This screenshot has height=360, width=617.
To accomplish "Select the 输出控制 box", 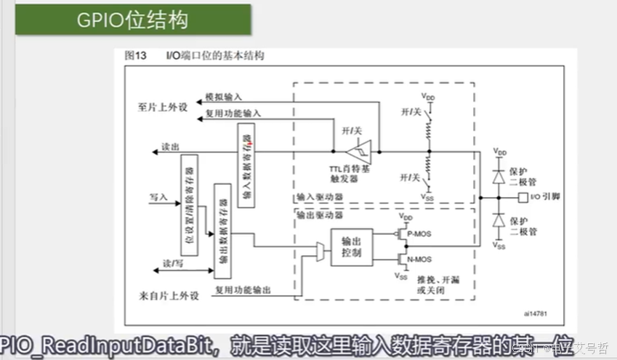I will (x=351, y=247).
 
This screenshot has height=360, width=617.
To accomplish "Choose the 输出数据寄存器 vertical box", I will (x=223, y=231).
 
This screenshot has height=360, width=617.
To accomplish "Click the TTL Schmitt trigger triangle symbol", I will (x=361, y=151).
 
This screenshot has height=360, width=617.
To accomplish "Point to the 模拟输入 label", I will (x=222, y=96).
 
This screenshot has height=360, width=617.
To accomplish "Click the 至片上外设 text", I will (x=163, y=107).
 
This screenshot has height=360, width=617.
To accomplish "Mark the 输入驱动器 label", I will (x=319, y=197).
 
